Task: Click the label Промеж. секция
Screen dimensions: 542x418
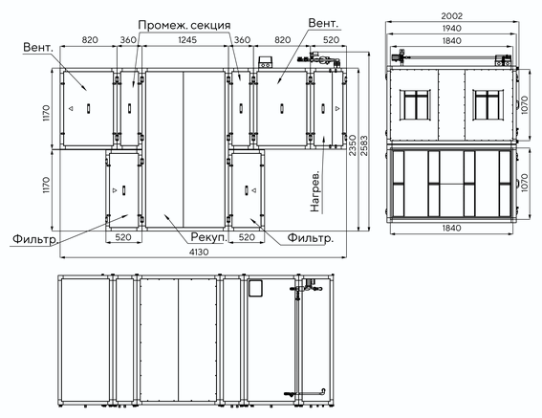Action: click(184, 25)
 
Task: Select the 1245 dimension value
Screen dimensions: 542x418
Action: click(187, 40)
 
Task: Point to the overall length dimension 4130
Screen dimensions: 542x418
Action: click(199, 252)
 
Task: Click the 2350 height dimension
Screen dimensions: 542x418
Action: click(352, 145)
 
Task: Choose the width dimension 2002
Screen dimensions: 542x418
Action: click(451, 16)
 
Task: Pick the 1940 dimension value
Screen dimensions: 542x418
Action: click(451, 29)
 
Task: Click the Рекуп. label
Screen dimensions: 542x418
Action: click(208, 237)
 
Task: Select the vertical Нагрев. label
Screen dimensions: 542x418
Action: click(314, 191)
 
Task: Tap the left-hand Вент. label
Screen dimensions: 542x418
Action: click(38, 48)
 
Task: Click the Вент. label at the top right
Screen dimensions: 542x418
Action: click(323, 23)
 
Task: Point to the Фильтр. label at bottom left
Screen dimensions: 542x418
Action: click(35, 239)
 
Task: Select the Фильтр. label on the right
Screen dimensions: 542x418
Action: click(311, 238)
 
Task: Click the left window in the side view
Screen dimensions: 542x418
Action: click(415, 105)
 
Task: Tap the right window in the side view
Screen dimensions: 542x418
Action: click(488, 105)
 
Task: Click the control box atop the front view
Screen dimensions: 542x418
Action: click(266, 62)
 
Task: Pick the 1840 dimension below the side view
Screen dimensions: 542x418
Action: click(451, 228)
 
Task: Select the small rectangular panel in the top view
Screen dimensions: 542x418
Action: click(255, 288)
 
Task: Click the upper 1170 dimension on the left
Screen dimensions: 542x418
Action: click(46, 113)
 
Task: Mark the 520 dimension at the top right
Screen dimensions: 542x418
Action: click(331, 40)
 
